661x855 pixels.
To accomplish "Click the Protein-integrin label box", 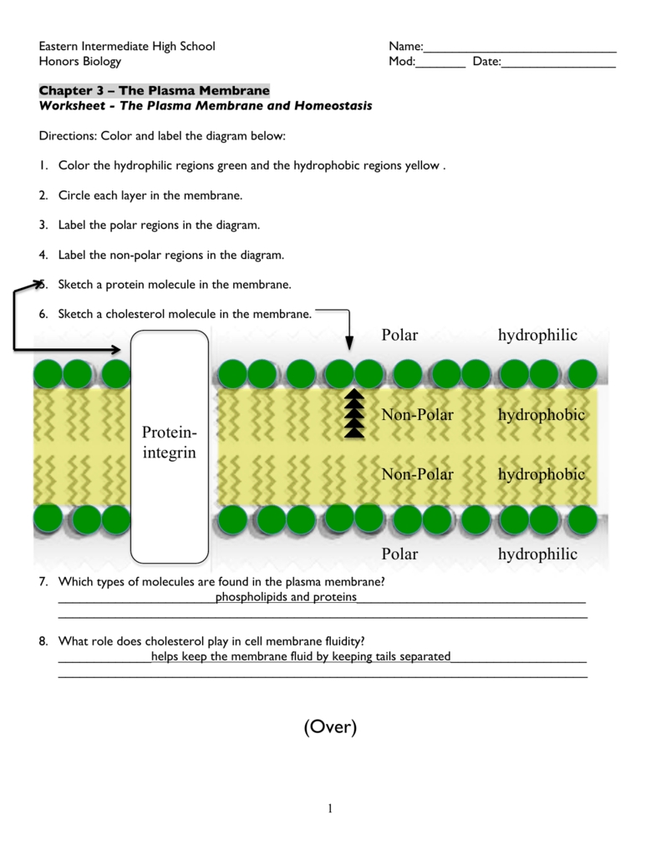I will pos(169,446).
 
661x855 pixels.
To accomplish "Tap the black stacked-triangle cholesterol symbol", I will pos(354,414).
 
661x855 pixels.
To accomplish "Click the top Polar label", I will pos(399,335).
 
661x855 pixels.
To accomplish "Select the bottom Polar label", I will pos(399,554).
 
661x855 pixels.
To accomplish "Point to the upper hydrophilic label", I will pos(537,335).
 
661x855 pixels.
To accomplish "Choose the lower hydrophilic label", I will pos(537,554).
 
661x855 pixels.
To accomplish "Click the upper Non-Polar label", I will pos(417,414).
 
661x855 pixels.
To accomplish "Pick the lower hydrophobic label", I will pos(542,474).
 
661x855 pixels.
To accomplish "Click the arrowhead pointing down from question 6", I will pos(349,341).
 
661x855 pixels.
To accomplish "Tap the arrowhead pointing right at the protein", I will pos(122,348).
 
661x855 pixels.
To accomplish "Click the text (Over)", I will pos(330,727).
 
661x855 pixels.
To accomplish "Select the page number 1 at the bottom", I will pos(330,807).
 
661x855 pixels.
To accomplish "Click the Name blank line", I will pos(520,51).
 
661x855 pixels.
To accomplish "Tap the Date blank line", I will pos(558,66).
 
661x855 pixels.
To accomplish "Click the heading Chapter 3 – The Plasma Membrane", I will pos(155,90).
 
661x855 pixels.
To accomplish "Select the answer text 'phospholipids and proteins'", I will pos(286,597).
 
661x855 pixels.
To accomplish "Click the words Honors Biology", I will pos(80,61).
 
